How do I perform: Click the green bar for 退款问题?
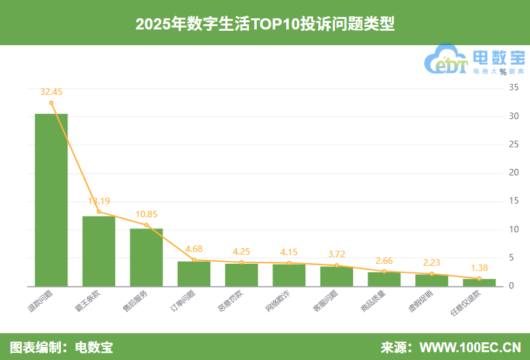point(51,200)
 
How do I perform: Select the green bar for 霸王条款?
point(98,251)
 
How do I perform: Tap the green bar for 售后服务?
point(146,257)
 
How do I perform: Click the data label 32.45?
point(51,92)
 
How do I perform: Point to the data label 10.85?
point(146,214)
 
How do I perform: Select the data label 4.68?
point(194,249)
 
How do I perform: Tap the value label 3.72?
point(337,254)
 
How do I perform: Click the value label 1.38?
point(480,268)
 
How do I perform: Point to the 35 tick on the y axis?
point(514,88)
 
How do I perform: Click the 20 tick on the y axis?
point(514,173)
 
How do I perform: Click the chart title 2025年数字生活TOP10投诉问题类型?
point(265,24)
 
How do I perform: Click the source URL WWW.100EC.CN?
point(470,347)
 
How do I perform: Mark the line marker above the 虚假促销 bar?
point(432,274)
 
